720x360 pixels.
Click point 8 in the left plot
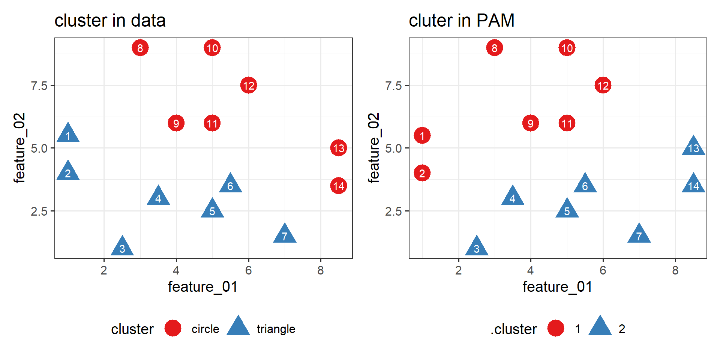[x=140, y=48]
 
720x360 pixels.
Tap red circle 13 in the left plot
[x=339, y=148]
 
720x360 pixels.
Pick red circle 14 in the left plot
[x=339, y=186]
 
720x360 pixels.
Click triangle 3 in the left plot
[x=122, y=247]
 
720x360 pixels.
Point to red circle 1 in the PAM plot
[x=422, y=136]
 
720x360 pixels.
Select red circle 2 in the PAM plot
[x=422, y=173]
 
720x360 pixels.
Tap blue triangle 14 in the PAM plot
[x=693, y=184]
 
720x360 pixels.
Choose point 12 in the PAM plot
[x=603, y=85]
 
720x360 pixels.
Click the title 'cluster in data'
[x=110, y=21]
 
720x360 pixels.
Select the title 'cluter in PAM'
[x=461, y=21]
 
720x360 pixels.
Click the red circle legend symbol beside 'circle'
[x=173, y=328]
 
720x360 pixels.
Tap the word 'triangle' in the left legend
[x=276, y=329]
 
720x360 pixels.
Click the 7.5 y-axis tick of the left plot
[x=39, y=86]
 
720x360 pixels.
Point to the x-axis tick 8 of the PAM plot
[x=675, y=270]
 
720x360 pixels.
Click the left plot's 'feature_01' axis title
[x=202, y=287]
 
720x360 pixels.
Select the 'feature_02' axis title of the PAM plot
[x=374, y=148]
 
